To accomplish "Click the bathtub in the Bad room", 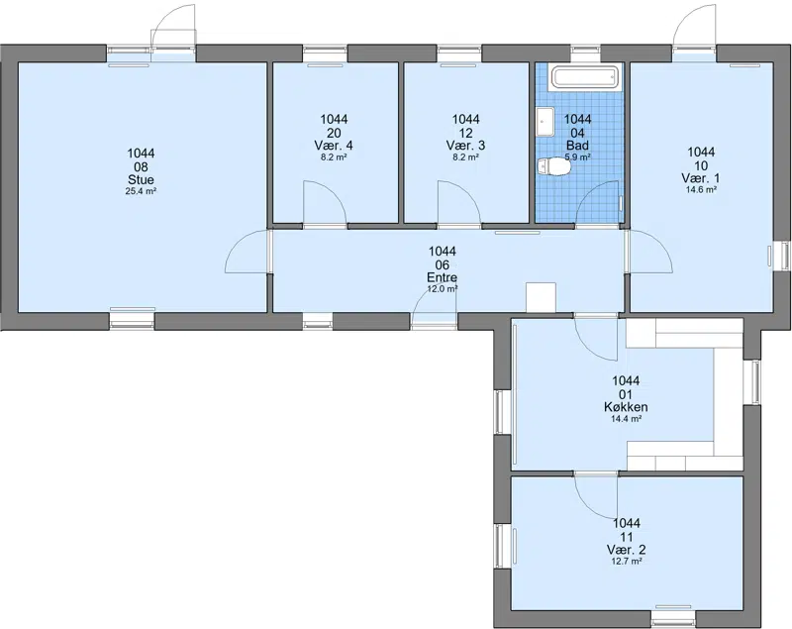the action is click(x=584, y=78).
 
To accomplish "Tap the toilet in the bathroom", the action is click(x=553, y=166).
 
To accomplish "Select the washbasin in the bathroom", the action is click(x=545, y=122).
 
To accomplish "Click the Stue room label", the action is click(x=141, y=180).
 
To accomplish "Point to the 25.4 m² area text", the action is click(x=141, y=191).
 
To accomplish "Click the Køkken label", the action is click(x=626, y=407).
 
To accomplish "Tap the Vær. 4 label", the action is click(x=334, y=146).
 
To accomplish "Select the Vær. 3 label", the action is click(x=465, y=146).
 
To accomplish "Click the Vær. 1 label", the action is click(x=701, y=178).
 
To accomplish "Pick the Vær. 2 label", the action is click(x=627, y=550).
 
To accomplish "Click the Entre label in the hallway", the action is click(x=442, y=277).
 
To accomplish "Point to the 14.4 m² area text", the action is click(x=626, y=419).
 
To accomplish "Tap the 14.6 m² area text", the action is click(x=701, y=190).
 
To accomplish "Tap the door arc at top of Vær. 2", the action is click(x=586, y=506).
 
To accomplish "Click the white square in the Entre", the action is click(x=541, y=297).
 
